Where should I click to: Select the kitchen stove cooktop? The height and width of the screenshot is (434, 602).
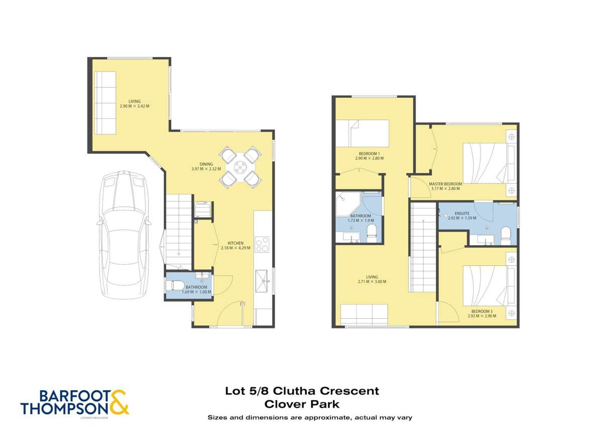coord(263,244)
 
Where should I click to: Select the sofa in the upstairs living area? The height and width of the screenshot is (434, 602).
coord(364,314)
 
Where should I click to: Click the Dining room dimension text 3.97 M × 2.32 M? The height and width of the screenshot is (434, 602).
coord(206,169)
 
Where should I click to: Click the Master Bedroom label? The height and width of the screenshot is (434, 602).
coord(445,184)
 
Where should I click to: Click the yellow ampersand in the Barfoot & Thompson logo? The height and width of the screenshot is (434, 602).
coord(119,403)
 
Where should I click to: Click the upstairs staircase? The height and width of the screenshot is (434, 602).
coord(423,246)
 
